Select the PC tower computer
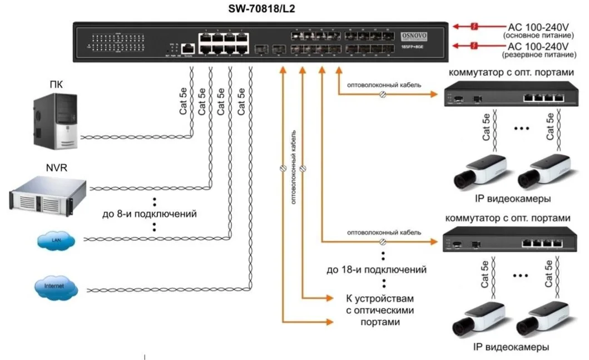click(x=54, y=119)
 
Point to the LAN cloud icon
click(x=55, y=240)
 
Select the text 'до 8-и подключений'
click(x=150, y=214)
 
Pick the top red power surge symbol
click(x=474, y=26)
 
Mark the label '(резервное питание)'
click(x=537, y=55)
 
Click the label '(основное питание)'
click(x=537, y=35)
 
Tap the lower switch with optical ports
click(x=509, y=241)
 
